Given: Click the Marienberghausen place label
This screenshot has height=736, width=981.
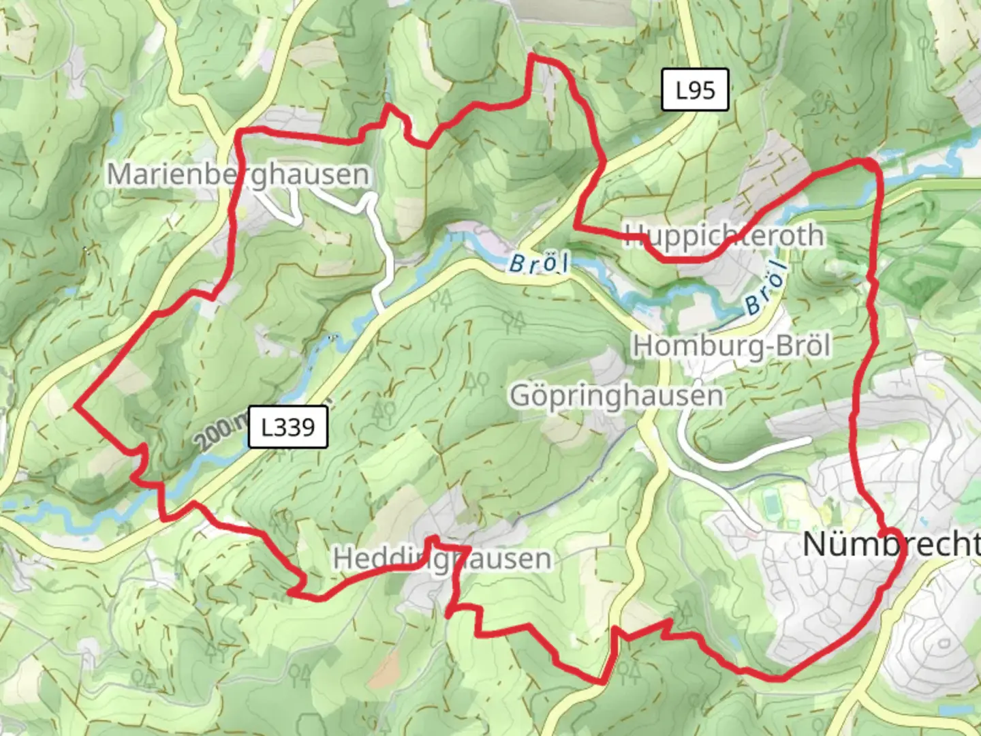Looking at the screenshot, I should [238, 174].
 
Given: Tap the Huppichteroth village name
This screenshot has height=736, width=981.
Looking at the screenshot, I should [723, 235].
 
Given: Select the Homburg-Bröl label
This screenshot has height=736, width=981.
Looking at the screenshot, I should [732, 346].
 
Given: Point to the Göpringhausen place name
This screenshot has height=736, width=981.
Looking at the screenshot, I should [617, 396].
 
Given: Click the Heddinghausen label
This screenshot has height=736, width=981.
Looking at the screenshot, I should [442, 559].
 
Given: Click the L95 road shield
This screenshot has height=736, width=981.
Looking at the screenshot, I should [696, 90].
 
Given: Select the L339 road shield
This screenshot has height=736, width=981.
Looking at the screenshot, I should [288, 427].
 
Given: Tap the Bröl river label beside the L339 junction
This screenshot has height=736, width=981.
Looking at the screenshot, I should [538, 264].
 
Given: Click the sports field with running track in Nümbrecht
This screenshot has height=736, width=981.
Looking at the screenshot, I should [771, 505].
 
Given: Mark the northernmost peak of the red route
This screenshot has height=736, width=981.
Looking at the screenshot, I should [532, 57].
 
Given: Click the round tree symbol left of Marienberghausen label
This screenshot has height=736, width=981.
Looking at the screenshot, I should [102, 200].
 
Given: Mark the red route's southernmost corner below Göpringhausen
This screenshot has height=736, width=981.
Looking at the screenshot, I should [604, 680].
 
